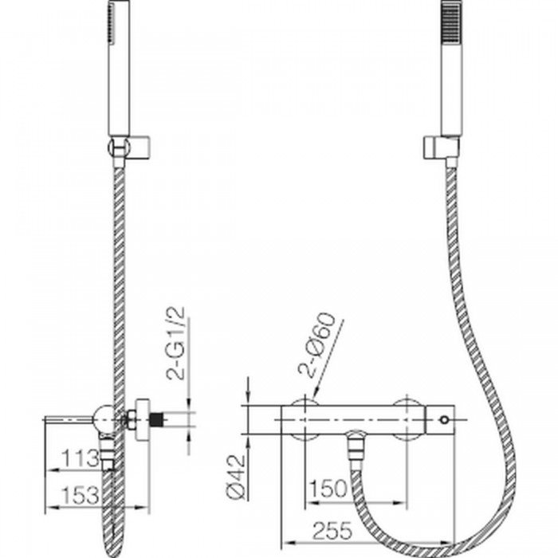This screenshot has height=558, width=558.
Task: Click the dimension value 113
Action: [81, 458]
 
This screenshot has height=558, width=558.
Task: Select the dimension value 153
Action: [81, 495]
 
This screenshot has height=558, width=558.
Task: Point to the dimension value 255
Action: [332, 531]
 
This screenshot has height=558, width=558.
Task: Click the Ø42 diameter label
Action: [236, 477]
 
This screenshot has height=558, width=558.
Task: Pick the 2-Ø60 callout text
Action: [317, 344]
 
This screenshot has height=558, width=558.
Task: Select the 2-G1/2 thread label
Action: [176, 343]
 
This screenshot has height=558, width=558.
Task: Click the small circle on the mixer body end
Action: [443, 419]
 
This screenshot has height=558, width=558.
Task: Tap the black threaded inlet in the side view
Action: [156, 419]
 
